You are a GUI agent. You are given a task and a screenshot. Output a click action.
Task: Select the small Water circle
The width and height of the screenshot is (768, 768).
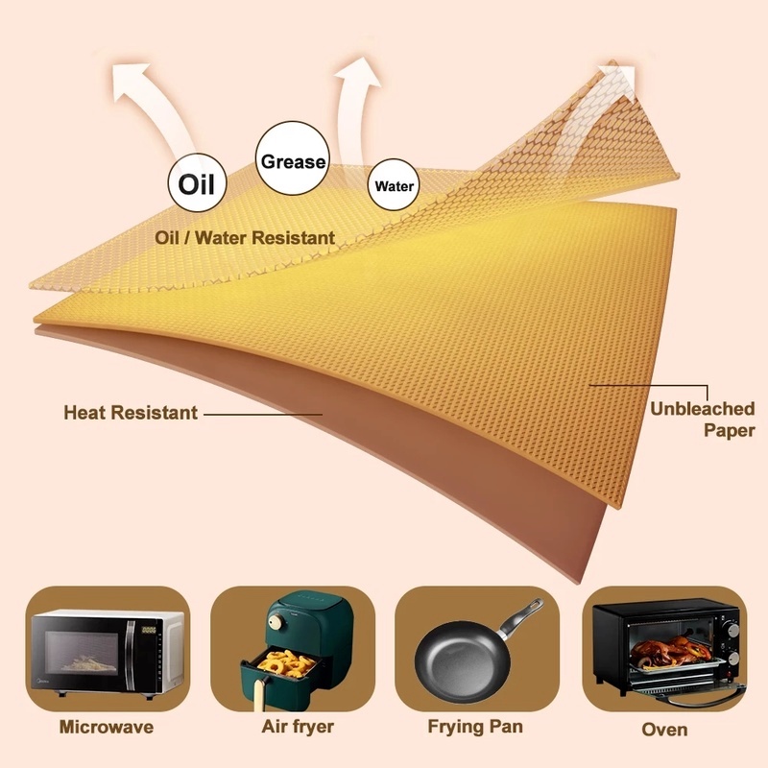click(x=394, y=185)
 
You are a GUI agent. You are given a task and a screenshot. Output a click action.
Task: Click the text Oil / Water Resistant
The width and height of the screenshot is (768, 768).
click(x=245, y=237)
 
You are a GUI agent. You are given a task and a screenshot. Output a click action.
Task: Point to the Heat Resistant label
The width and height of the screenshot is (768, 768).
click(x=131, y=413)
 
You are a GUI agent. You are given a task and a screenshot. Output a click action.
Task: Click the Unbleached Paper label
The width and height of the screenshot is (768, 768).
click(x=703, y=420)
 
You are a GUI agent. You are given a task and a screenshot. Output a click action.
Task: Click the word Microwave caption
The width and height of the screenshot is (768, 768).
click(x=107, y=727)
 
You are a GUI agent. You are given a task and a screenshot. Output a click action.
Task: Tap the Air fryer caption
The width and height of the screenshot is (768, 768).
click(x=298, y=727)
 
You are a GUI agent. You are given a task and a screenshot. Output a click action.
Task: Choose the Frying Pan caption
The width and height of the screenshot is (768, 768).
click(x=476, y=727)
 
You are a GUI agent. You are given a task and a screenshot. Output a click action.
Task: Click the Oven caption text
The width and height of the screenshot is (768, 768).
click(x=664, y=730)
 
